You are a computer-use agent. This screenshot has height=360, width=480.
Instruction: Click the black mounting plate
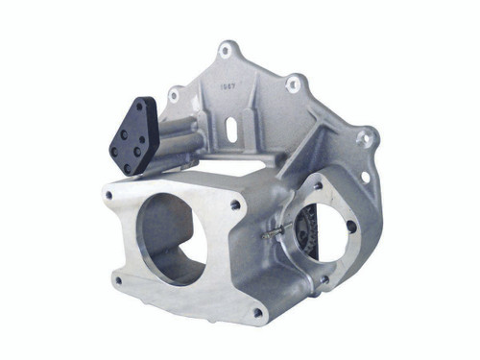point(133,135)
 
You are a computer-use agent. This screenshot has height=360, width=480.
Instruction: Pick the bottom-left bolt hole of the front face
point(117,280)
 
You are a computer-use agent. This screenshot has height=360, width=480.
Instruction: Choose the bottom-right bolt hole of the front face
point(256,312)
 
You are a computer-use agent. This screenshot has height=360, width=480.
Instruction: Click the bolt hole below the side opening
point(324,279)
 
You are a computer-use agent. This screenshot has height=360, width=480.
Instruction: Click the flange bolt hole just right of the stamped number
point(294,85)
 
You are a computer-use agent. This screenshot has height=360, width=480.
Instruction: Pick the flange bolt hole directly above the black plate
point(174,95)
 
